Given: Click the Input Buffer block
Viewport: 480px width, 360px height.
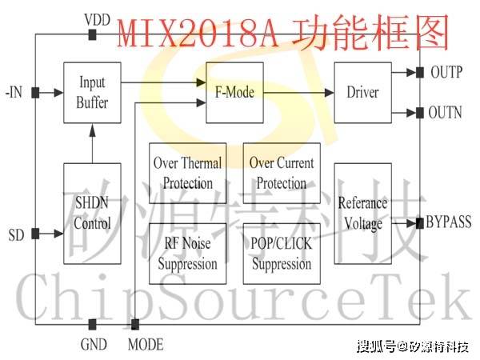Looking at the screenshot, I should [x=92, y=92].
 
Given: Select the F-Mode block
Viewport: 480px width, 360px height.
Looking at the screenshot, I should [x=234, y=92].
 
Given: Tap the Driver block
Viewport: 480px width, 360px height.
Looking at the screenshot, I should [x=362, y=92].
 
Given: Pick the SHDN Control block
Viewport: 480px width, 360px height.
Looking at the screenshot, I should [x=92, y=214].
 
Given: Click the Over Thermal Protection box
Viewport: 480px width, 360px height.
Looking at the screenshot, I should [x=188, y=173].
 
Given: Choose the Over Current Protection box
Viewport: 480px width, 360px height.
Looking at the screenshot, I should [x=282, y=173].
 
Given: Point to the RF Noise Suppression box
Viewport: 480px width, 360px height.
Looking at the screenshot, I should [x=188, y=254].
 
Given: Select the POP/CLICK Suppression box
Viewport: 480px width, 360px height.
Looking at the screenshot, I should [x=282, y=254].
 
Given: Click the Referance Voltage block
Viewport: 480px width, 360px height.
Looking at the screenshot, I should [x=362, y=214].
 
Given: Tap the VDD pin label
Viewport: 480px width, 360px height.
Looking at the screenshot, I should [x=97, y=18].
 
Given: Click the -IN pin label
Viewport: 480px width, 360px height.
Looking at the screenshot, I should [x=14, y=92].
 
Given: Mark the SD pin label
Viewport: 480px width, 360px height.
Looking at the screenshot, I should [x=15, y=234].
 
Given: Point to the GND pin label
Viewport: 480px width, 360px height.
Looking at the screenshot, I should [x=94, y=345].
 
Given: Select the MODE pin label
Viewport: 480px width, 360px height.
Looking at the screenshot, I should [x=146, y=345].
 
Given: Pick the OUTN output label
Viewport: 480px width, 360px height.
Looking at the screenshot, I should [x=446, y=113].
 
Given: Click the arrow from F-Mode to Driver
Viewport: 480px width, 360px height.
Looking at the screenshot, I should [x=298, y=92].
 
